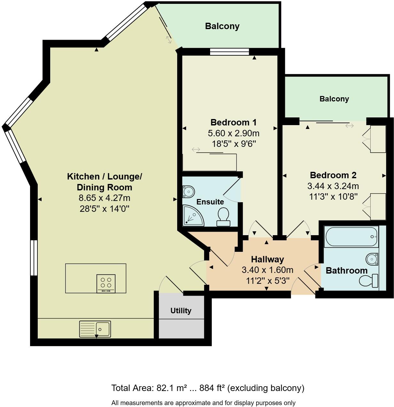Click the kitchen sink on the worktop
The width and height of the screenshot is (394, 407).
pyautogui.click(x=95, y=329)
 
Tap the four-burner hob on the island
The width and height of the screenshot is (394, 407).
pyautogui.click(x=106, y=283)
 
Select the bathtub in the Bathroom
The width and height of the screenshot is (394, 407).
pyautogui.click(x=351, y=237)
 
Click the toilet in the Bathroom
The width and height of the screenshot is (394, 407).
pyautogui.click(x=369, y=281)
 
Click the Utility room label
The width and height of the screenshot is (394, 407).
pyautogui.click(x=181, y=311)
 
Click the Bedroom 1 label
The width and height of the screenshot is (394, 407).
pyautogui.click(x=233, y=122)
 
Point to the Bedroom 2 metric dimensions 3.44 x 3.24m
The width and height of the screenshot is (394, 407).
pyautogui.click(x=333, y=186)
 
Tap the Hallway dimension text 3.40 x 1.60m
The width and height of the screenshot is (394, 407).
pyautogui.click(x=267, y=270)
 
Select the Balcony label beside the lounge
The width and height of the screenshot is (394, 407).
pyautogui.click(x=222, y=26)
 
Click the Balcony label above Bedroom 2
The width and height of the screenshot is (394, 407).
pyautogui.click(x=334, y=99)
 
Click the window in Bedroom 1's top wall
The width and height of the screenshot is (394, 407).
pyautogui.click(x=229, y=52)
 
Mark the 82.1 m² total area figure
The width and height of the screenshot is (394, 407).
pyautogui.click(x=172, y=388)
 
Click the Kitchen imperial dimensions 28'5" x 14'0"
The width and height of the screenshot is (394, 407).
pyautogui.click(x=104, y=209)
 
